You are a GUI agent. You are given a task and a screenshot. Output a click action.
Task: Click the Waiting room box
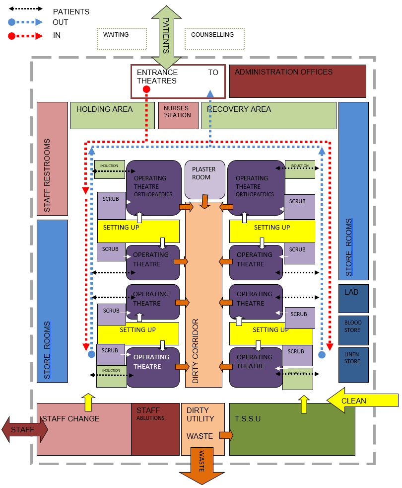[x=122, y=39]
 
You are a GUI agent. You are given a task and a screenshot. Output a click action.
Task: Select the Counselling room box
[x=214, y=39]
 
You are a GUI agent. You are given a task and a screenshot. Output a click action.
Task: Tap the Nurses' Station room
[x=178, y=115]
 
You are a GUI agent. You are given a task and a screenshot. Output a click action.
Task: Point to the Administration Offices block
[x=297, y=81]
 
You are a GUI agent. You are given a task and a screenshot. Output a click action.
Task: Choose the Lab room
[x=353, y=298]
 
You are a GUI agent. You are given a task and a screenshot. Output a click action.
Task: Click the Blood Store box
[x=353, y=330]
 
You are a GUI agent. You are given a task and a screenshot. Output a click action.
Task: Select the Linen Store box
[x=353, y=364]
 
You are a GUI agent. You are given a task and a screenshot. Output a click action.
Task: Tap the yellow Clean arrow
[x=362, y=400]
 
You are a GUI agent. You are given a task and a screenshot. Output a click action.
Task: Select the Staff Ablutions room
[x=155, y=429]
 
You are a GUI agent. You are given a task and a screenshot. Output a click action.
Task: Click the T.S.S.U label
[x=248, y=419]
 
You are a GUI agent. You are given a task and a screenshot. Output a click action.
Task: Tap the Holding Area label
[x=104, y=109]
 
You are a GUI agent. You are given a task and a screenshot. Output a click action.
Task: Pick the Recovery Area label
[x=239, y=109]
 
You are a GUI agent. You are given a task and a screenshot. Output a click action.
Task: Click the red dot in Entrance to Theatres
[x=146, y=89]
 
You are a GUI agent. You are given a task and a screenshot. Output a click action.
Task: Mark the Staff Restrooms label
[x=48, y=176]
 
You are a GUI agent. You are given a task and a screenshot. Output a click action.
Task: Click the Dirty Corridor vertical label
[x=196, y=351]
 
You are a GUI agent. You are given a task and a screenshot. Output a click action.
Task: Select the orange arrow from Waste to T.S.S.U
[x=226, y=435]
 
